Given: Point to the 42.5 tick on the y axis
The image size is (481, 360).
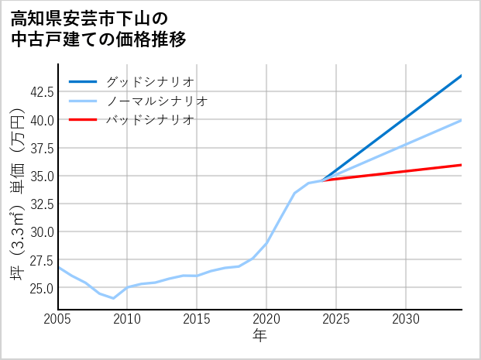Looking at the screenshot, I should tap(40, 91).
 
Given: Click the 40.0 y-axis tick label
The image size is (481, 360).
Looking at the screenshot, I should tap(40, 120).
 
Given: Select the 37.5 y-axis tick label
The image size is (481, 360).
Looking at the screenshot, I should tap(40, 148).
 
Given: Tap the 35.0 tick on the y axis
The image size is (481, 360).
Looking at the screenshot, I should tap(40, 176).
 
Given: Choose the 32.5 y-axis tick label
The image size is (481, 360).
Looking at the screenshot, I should tap(40, 204).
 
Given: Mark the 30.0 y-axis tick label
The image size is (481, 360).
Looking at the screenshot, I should tap(40, 231).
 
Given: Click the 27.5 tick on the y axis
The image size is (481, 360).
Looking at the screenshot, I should tap(40, 259).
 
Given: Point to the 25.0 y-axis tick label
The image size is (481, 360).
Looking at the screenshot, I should tap(40, 287).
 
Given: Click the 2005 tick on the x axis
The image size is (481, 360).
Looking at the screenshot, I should tap(58, 319).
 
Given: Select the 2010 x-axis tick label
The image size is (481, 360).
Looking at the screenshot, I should tap(127, 319).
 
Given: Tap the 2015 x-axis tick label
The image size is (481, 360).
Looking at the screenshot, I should tap(197, 319).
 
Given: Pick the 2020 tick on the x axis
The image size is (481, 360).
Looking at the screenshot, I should tap(266, 319).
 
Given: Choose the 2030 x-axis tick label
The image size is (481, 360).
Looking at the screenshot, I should tap(406, 319).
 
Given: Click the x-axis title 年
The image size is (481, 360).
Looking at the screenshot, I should tap(259, 336).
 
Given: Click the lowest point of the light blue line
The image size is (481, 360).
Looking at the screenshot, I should tap(114, 298).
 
